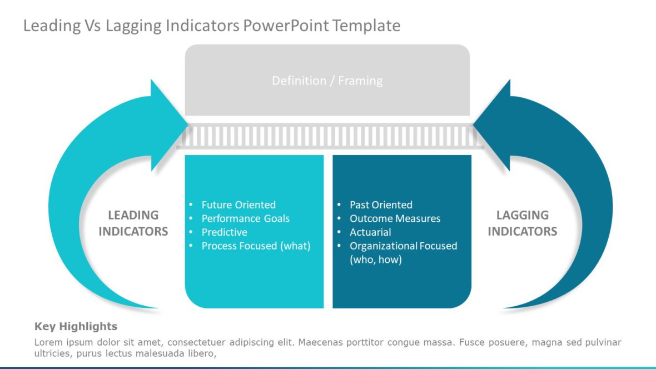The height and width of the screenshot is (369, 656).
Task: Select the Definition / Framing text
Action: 327,81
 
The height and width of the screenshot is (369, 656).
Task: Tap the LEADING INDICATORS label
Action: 133,223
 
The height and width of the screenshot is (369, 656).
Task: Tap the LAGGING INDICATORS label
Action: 522,223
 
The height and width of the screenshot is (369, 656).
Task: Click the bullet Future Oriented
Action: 238,205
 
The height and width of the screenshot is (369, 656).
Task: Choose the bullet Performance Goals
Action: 245,218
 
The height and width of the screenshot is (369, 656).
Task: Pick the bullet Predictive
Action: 224,232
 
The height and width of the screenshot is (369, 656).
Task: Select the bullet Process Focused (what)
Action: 256,246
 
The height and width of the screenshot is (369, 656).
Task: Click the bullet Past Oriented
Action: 381,205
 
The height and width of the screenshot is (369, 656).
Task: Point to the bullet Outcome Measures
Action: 395,218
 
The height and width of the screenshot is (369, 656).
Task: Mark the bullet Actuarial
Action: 370,232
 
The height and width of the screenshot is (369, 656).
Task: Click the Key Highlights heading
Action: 76,326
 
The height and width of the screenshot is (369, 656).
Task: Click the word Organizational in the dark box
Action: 383,246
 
